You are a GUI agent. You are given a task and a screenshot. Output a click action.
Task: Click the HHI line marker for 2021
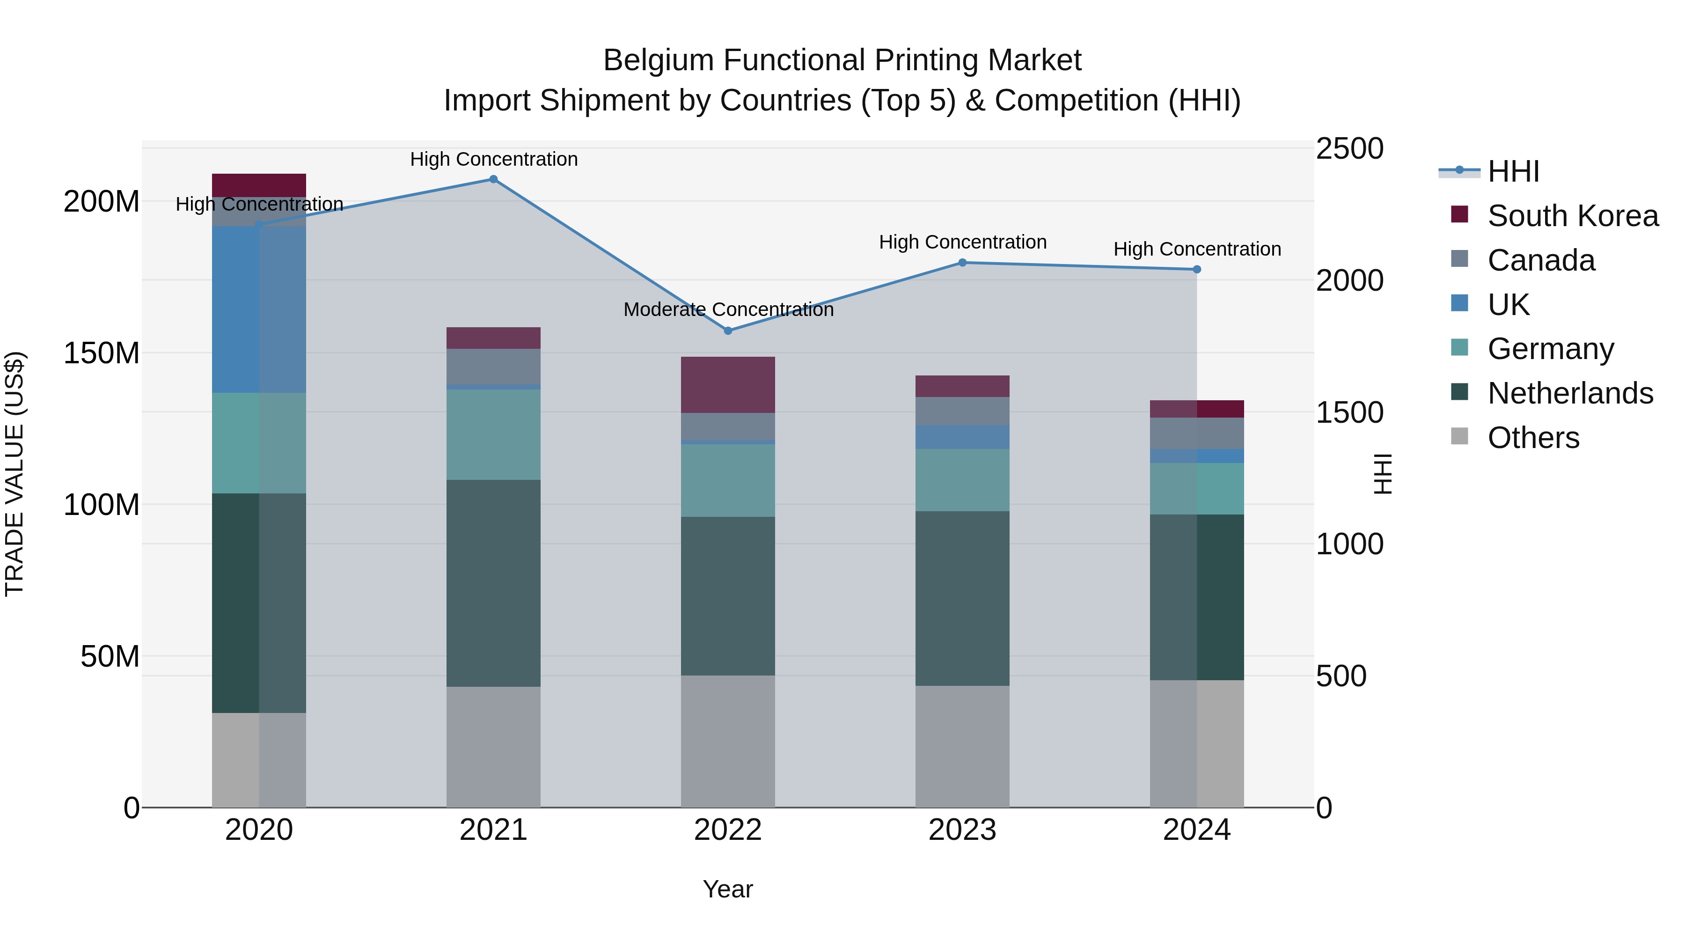[x=493, y=179]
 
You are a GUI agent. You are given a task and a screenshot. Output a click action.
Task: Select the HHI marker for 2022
[x=728, y=331]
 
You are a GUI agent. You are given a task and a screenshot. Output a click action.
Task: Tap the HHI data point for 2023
[x=962, y=262]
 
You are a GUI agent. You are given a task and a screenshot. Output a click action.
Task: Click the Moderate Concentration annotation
[x=728, y=309]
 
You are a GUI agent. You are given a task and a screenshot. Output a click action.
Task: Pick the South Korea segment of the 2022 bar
[x=728, y=385]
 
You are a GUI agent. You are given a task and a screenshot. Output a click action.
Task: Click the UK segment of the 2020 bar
[x=259, y=309]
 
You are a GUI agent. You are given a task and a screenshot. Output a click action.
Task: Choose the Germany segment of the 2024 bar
[x=1197, y=488]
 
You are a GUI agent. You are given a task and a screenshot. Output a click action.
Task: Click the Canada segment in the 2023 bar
[x=962, y=411]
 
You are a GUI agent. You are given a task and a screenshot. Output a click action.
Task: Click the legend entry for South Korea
[x=1573, y=216]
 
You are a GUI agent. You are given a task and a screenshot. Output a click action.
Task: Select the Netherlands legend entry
[x=1570, y=393]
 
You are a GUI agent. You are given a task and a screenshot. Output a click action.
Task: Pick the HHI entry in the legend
[x=1513, y=171]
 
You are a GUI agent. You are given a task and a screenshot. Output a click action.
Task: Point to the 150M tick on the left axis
[x=102, y=353]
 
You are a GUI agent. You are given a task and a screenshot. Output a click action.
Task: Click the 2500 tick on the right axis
[x=1349, y=148]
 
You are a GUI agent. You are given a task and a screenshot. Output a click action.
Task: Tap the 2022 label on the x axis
[x=728, y=830]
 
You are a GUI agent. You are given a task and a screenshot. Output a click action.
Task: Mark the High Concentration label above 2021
[x=494, y=159]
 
